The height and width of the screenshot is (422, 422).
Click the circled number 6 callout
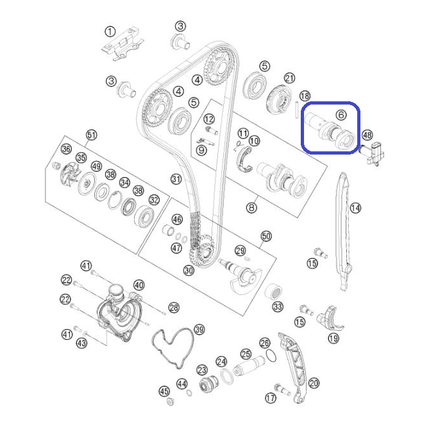click(x=341, y=115)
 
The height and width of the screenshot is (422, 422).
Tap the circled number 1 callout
click(x=110, y=32)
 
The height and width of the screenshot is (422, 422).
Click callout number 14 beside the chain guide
click(x=355, y=208)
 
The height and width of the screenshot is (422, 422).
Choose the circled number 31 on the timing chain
click(x=176, y=179)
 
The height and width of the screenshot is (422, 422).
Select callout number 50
click(x=266, y=236)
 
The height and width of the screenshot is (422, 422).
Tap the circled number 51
click(x=92, y=135)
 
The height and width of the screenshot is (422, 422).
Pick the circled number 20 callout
click(x=314, y=383)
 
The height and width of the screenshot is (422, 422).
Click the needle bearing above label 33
click(x=273, y=292)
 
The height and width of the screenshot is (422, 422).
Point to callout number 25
click(x=246, y=354)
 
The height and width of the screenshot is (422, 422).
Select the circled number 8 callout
click(x=251, y=208)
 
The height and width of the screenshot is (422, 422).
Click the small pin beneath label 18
click(x=296, y=110)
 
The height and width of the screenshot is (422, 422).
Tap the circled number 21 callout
click(x=290, y=78)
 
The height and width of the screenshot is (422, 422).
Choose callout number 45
click(x=164, y=391)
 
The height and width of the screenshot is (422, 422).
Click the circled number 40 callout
click(x=139, y=285)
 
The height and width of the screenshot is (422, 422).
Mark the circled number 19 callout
click(x=333, y=338)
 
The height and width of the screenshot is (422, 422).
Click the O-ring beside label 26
click(x=271, y=355)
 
